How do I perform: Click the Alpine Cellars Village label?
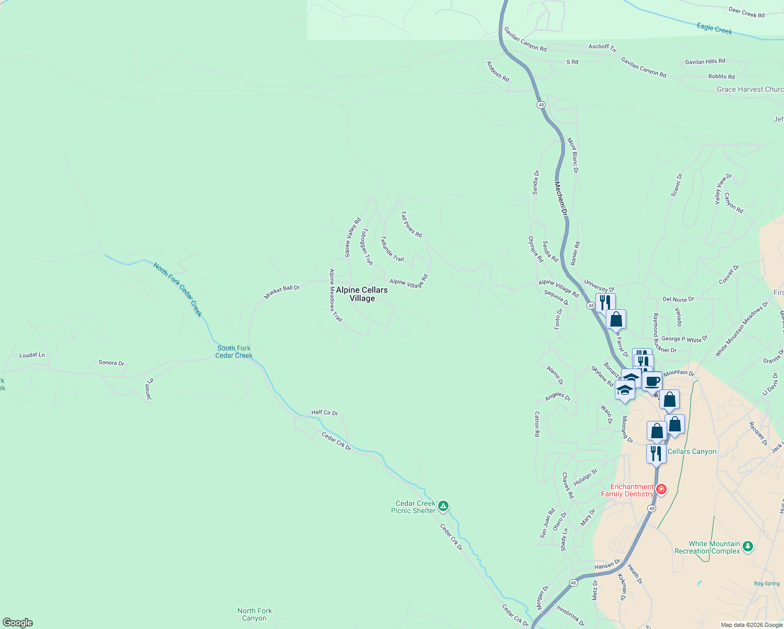coord(362,294)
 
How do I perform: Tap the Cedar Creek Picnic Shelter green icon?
coord(443,506)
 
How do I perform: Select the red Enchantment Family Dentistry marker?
coord(661,490)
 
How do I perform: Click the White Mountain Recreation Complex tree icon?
coord(748,547)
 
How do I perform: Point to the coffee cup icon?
coord(652,381)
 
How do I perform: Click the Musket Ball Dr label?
coord(281,292)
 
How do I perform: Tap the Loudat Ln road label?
coord(32,355)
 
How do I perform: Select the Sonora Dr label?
coord(111,363)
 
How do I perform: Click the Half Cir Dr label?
coord(324,413)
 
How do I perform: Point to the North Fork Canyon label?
coord(255,614)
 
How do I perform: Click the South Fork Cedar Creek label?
coord(234,352)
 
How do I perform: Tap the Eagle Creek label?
coord(714,28)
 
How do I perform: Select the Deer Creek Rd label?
coord(746,12)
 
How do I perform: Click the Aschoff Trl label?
coord(598,47)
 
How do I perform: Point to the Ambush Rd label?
coord(498,72)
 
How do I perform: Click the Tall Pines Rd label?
coord(411,224)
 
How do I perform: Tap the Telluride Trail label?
coord(392,248)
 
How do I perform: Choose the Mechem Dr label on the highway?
coord(561,199)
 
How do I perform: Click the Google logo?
coord(18,623)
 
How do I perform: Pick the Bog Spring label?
coord(767,583)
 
